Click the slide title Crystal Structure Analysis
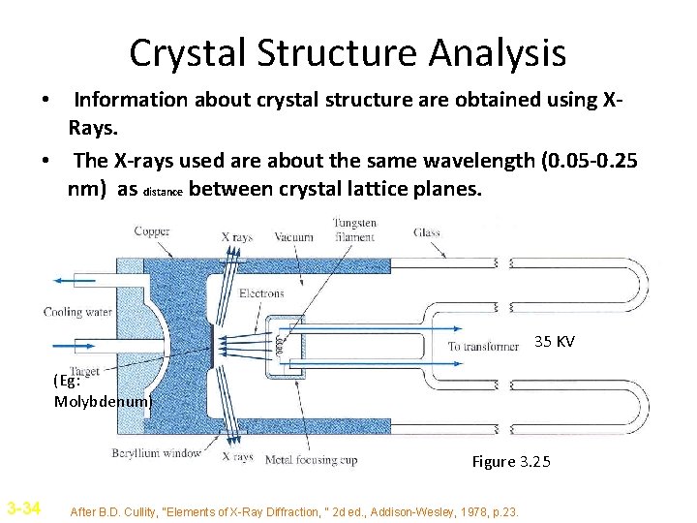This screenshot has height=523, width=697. (x=348, y=53)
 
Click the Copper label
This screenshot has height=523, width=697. (x=152, y=232)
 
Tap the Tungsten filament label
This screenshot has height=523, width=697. (x=354, y=231)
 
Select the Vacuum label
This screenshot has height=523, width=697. (x=293, y=237)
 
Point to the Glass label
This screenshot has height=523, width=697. (x=426, y=232)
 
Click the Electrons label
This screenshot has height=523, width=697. (x=261, y=292)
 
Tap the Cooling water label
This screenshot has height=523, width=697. (x=76, y=312)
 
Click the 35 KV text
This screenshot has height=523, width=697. (x=555, y=342)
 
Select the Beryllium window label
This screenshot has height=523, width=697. (x=156, y=452)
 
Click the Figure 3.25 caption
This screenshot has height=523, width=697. (x=510, y=461)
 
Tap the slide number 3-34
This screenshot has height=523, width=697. (x=23, y=507)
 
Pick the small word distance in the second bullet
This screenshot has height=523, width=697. (x=162, y=192)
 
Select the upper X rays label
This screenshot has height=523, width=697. (x=237, y=237)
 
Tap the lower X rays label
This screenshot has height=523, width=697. (x=237, y=457)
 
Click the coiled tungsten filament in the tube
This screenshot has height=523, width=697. (x=279, y=344)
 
